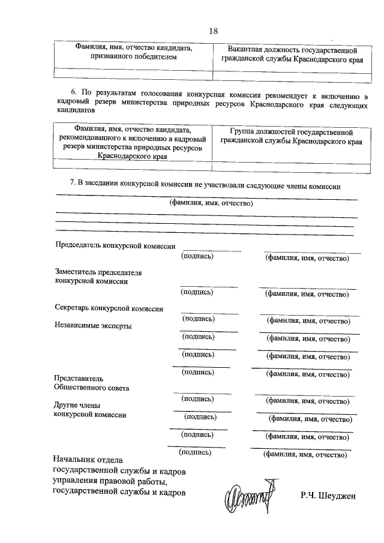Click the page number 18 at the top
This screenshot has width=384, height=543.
pos(213,31)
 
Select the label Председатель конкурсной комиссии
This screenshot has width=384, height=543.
pos(115,246)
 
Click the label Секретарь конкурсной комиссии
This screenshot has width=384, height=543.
pos(109,308)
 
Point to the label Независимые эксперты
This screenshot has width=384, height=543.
pos(93,326)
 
